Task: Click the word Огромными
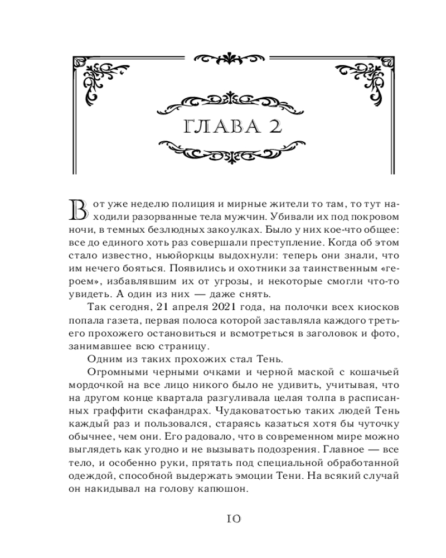click(119, 372)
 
